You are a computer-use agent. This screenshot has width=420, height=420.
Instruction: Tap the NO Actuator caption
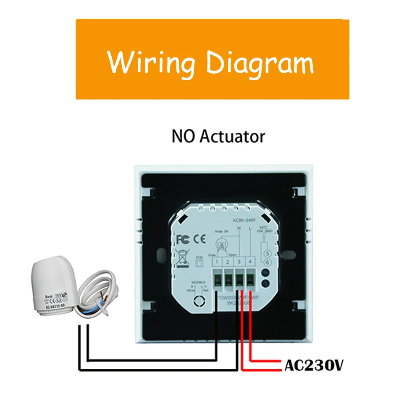pos(218,136)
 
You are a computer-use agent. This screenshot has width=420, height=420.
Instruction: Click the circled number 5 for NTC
pos(267,253)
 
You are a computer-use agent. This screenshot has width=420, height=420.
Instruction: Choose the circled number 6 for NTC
pos(267,262)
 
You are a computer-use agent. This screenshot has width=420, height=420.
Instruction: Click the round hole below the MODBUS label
pos(197,302)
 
